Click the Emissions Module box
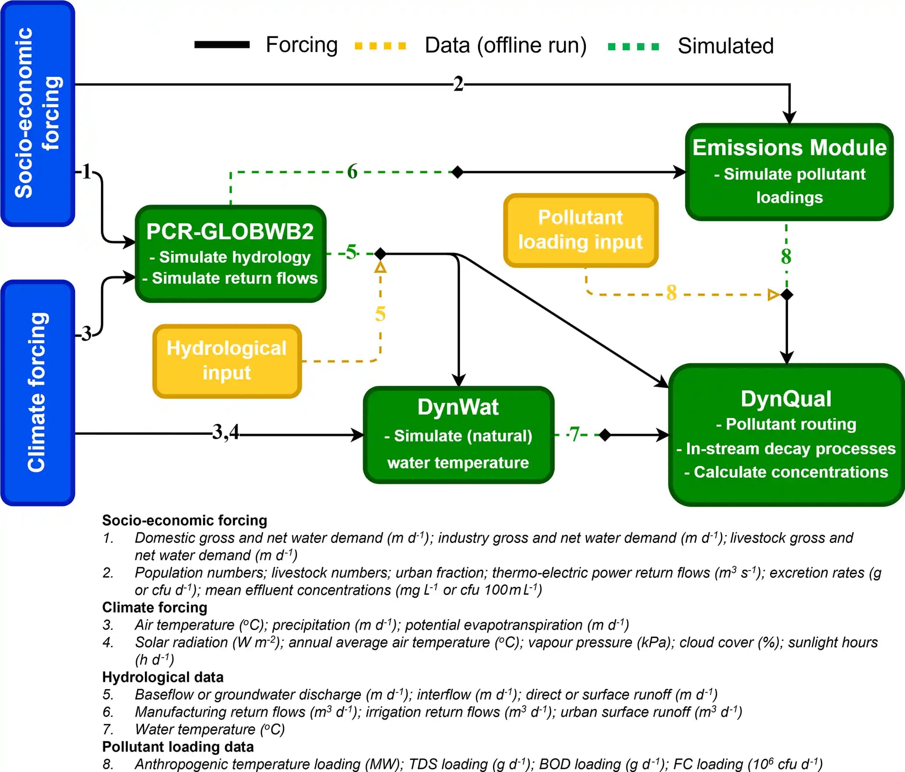(789, 172)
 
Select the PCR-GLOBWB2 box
(230, 254)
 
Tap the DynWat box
(458, 435)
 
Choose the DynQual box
(786, 435)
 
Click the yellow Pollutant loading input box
(581, 230)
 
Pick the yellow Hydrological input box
(227, 361)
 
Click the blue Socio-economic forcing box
(38, 113)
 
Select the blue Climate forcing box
(38, 393)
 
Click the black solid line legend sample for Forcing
(222, 45)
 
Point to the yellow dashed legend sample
(380, 46)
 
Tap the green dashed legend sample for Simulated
(633, 46)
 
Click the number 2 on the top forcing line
(458, 84)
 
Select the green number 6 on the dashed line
(352, 172)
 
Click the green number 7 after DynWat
(574, 434)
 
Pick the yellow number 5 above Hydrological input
(380, 314)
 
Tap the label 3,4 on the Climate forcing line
(225, 432)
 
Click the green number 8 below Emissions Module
(786, 256)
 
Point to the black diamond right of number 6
(458, 172)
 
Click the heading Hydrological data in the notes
(163, 677)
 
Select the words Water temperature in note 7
(195, 729)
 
